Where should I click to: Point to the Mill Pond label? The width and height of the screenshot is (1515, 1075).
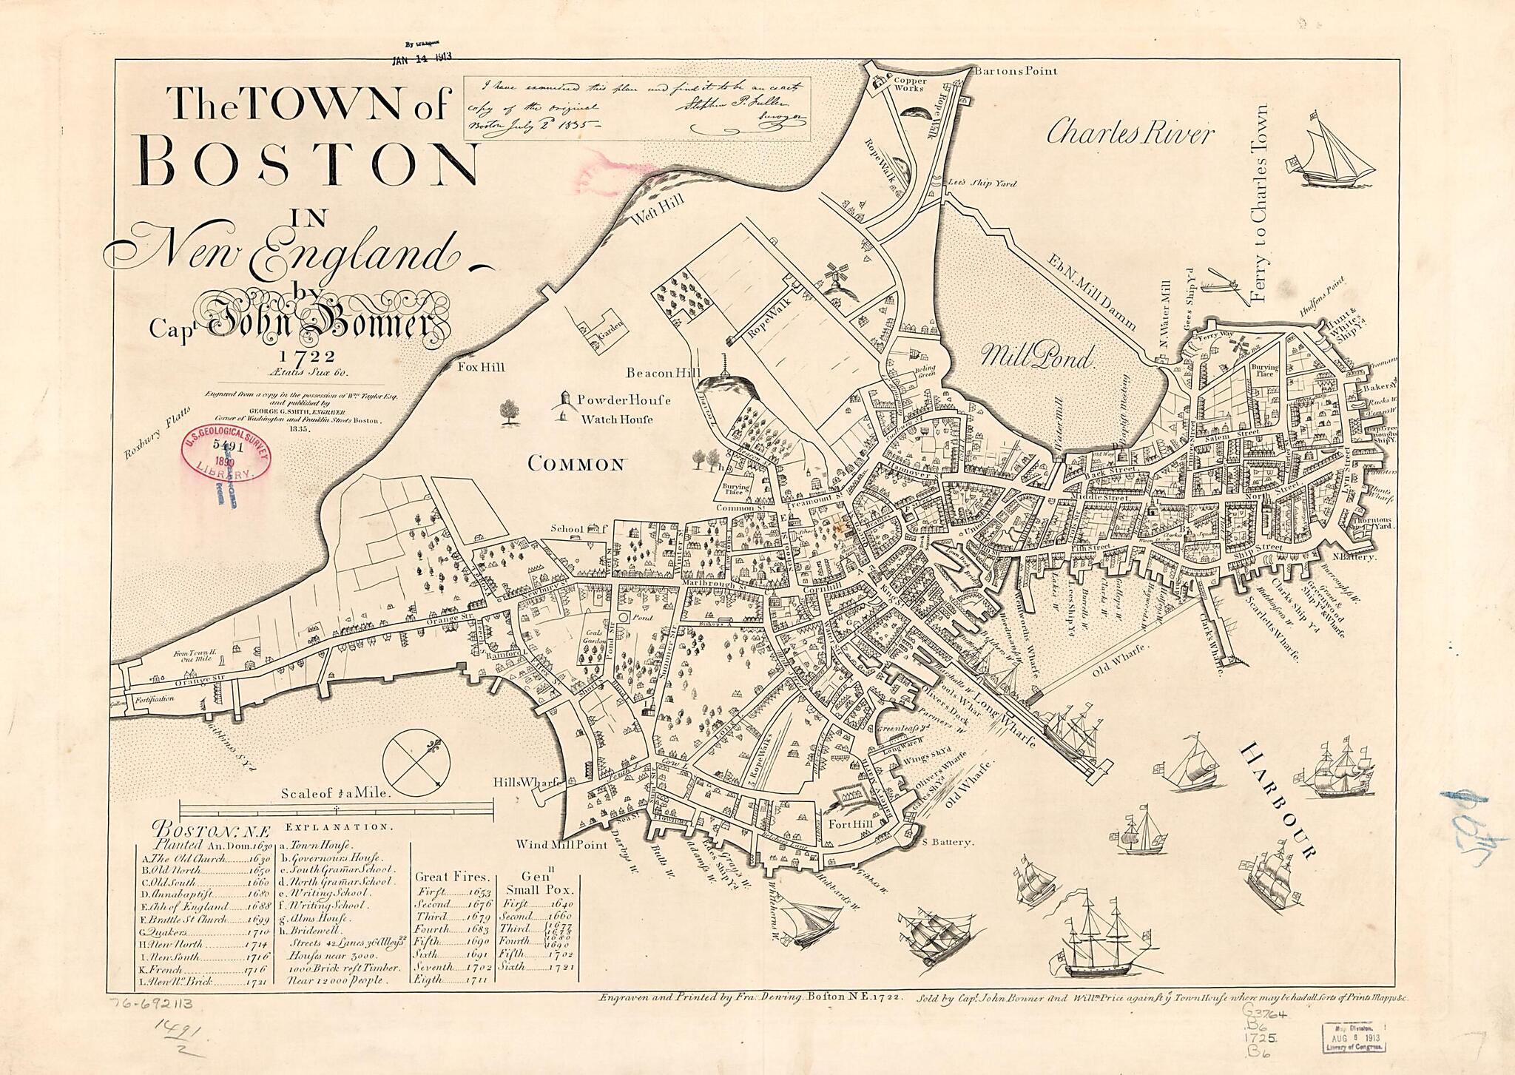[x=1035, y=357]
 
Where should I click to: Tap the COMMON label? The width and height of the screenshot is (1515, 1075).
[x=577, y=465]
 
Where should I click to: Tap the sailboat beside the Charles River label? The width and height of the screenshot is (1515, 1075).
[x=1332, y=159]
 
